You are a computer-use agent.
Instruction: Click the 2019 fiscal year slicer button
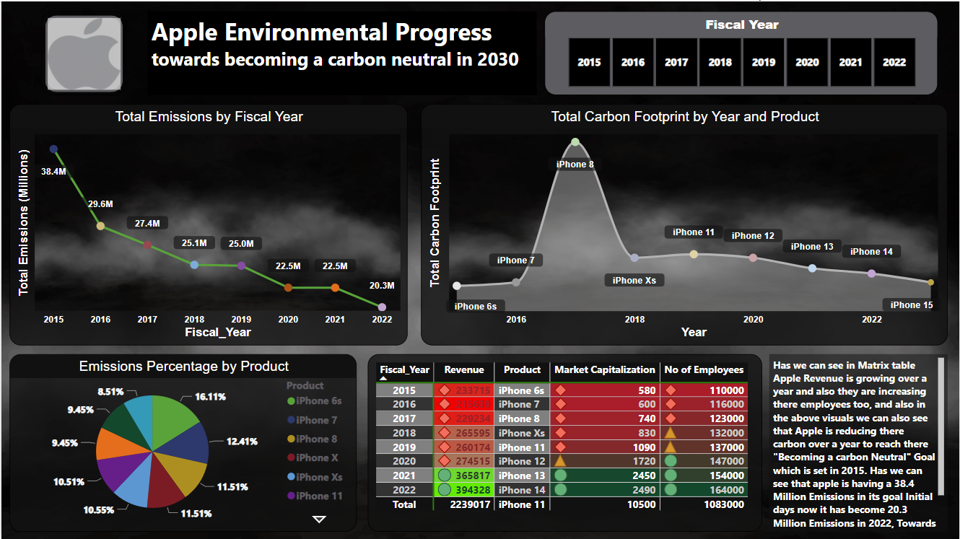point(764,62)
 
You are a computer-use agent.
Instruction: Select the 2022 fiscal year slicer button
point(894,62)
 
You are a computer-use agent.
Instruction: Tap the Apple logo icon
point(84,54)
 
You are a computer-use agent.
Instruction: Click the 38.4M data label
point(53,172)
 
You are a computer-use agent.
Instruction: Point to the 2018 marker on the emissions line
point(194,265)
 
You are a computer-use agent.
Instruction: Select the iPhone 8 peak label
point(575,165)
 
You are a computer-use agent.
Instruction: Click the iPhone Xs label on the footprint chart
point(634,280)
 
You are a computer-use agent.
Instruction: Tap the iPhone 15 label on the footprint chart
point(911,305)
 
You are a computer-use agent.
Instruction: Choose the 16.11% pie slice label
point(211,396)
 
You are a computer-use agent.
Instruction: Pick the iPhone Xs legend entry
point(314,477)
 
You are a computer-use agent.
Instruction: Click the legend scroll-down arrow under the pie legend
point(319,519)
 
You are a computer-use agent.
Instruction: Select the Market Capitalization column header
point(604,370)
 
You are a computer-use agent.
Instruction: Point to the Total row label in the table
point(404,504)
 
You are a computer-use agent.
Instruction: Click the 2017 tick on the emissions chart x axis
point(147,319)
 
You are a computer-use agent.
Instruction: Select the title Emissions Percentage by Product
point(184,367)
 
